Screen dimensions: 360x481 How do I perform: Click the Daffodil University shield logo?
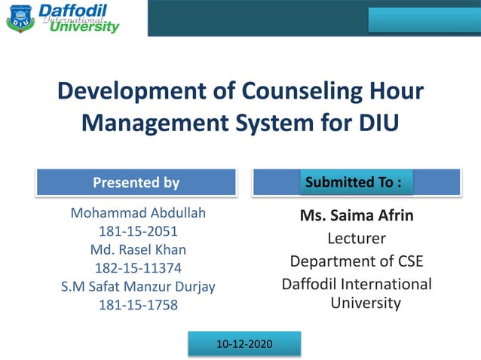point(20,19)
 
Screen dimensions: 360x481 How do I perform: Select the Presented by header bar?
point(136,182)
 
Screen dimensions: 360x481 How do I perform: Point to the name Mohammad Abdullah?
point(138,213)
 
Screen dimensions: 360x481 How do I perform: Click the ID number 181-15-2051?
point(138,231)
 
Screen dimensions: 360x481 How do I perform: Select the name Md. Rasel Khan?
point(138,249)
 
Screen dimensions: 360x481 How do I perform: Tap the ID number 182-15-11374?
point(138,267)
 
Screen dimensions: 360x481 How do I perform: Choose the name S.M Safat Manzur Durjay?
point(138,286)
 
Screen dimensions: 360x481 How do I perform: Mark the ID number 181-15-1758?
point(138,304)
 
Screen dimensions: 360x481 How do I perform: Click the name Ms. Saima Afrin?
point(357,216)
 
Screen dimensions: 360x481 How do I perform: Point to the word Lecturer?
point(357,239)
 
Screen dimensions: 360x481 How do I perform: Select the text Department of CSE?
point(357,261)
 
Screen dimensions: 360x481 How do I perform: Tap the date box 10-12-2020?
point(244,343)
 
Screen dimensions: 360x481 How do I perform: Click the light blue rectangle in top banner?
point(423,19)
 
